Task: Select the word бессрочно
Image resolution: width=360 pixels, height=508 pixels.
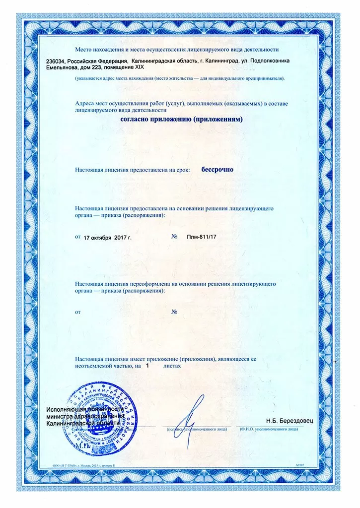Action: [x=217, y=169]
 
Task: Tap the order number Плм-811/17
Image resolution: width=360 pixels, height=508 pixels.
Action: [x=202, y=238]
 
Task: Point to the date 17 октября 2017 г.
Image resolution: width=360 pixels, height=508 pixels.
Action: [x=107, y=238]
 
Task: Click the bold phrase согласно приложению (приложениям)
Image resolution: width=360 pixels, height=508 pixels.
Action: [x=181, y=120]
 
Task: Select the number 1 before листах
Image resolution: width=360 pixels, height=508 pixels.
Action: [x=147, y=365]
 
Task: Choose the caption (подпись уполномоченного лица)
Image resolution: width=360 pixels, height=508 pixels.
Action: [x=197, y=428]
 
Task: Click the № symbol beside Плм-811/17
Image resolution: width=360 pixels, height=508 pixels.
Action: [x=175, y=237]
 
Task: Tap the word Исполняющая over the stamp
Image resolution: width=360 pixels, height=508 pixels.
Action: [x=64, y=410]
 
